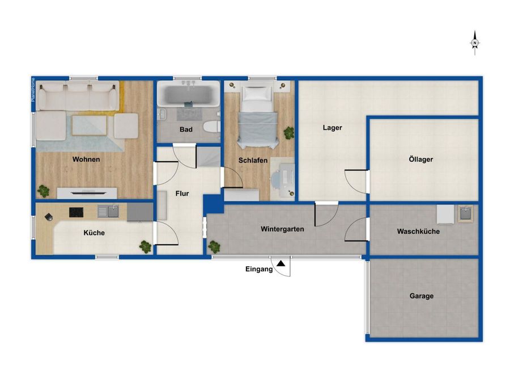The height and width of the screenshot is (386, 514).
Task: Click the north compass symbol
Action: pyautogui.click(x=475, y=43)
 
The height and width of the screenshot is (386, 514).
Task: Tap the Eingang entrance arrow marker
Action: pyautogui.click(x=281, y=263)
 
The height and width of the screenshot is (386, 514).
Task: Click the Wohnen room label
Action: pyautogui.click(x=86, y=160)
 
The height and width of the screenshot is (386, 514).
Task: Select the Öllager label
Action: pyautogui.click(x=421, y=159)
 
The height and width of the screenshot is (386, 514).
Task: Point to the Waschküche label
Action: pyautogui.click(x=418, y=232)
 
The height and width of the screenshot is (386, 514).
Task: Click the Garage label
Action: pyautogui.click(x=422, y=296)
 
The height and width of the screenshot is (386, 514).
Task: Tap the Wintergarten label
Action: pyautogui.click(x=282, y=229)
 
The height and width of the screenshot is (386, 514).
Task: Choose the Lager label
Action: pyautogui.click(x=333, y=128)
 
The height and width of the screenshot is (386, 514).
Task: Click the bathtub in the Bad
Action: pyautogui.click(x=188, y=94)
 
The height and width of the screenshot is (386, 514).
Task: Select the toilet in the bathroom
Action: pyautogui.click(x=211, y=127)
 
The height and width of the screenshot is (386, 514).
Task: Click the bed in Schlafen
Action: pyautogui.click(x=258, y=115)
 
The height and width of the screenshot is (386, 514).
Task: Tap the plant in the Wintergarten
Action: pyautogui.click(x=214, y=246)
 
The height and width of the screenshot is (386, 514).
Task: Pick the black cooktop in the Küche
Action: pyautogui.click(x=76, y=212)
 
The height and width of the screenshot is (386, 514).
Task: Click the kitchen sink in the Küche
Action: pyautogui.click(x=108, y=212)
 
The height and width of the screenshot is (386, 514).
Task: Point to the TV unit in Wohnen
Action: pyautogui.click(x=87, y=193)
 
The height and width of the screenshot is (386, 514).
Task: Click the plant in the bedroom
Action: pyautogui.click(x=289, y=133)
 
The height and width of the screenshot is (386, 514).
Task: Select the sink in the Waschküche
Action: pyautogui.click(x=465, y=213)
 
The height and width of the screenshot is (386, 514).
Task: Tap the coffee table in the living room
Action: pyautogui.click(x=90, y=125)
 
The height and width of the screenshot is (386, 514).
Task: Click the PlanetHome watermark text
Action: pyautogui.click(x=33, y=90)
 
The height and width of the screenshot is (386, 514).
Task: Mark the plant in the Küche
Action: pyautogui.click(x=145, y=246)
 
